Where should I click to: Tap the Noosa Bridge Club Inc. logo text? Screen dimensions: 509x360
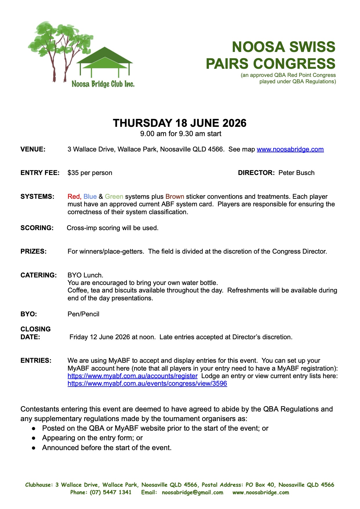[x=103, y=84]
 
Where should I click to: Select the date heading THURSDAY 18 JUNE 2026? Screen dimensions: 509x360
[x=180, y=123]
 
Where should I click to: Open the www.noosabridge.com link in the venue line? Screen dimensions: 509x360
[x=290, y=149]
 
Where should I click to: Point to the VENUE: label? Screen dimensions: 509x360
[x=33, y=149]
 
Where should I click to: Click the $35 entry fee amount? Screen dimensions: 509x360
[x=73, y=173]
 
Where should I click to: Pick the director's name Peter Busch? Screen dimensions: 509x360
[x=296, y=173]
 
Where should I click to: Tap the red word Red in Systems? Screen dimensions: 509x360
[x=74, y=197]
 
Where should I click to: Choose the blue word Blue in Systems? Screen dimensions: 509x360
[x=90, y=197]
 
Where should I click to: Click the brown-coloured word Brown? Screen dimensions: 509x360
[x=175, y=197]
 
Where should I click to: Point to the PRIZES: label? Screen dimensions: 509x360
[x=33, y=252]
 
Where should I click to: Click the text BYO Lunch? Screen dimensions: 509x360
[x=85, y=275]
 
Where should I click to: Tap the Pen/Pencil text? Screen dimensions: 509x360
[x=84, y=314]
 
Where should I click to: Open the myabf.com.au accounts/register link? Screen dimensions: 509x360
[x=133, y=376]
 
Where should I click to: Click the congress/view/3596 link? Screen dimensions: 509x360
[x=147, y=384]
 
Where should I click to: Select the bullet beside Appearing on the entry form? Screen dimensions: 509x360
[x=34, y=438]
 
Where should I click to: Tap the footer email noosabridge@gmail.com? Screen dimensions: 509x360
[x=193, y=492]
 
